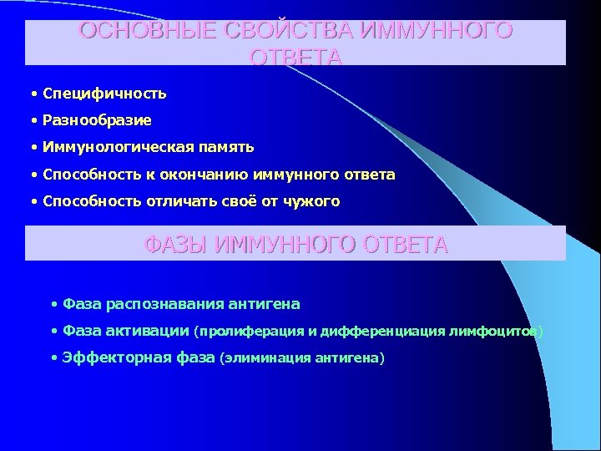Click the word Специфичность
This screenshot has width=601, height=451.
104,93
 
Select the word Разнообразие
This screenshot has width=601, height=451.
97,120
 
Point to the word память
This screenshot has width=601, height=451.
225,147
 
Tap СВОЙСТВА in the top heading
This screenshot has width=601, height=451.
279,32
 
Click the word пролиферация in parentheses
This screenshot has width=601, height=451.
244,332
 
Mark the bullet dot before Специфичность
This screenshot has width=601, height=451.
35,94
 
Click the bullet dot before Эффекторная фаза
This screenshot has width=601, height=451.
54,358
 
